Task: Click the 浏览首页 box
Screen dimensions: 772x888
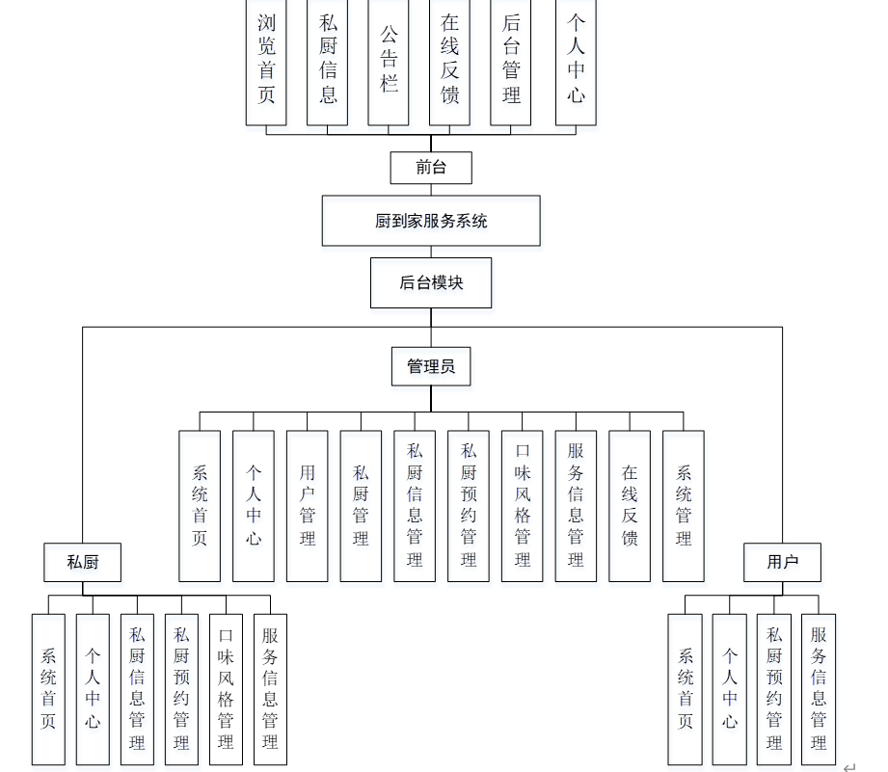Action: [266, 60]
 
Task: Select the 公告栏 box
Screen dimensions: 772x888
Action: [389, 60]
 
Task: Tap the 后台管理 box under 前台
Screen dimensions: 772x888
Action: [511, 60]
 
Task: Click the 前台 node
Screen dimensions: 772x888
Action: [431, 167]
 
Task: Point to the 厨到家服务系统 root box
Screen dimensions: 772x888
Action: [431, 221]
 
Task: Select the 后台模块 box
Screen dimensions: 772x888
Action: [431, 282]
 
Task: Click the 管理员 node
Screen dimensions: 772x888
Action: [431, 366]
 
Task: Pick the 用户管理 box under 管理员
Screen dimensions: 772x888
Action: [308, 505]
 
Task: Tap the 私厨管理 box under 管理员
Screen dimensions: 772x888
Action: [361, 505]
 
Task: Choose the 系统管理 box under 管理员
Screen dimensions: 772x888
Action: [684, 505]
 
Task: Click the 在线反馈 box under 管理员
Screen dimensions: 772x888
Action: [630, 505]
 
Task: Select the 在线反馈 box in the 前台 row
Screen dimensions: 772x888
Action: [449, 60]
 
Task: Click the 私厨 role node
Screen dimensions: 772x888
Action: [83, 562]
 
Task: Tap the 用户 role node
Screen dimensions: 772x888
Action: [782, 562]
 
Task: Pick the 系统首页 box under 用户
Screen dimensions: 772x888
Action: [686, 688]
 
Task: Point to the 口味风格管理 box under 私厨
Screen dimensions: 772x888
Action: [226, 688]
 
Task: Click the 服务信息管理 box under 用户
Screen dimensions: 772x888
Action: [819, 688]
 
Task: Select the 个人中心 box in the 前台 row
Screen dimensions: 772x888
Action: [577, 60]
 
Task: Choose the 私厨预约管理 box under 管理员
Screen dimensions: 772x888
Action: [469, 505]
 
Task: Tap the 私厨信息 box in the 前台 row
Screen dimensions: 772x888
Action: [328, 60]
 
